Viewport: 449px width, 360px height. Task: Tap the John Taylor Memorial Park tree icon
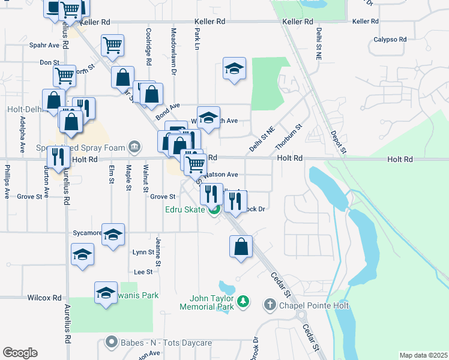tap(243, 301)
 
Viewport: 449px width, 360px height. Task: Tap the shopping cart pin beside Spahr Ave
tap(112, 45)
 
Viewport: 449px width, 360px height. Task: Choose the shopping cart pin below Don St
tap(64, 76)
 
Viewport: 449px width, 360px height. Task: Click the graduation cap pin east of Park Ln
tap(235, 68)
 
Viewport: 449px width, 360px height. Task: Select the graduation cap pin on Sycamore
tap(113, 235)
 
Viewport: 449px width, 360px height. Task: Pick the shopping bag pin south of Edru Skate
tap(241, 247)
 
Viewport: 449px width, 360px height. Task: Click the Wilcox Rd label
tap(44, 298)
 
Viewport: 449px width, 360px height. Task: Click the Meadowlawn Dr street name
tap(173, 51)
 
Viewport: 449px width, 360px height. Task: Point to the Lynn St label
tap(143, 253)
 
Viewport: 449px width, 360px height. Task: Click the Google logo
tap(20, 353)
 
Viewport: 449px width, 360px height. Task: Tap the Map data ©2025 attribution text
tap(423, 355)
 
